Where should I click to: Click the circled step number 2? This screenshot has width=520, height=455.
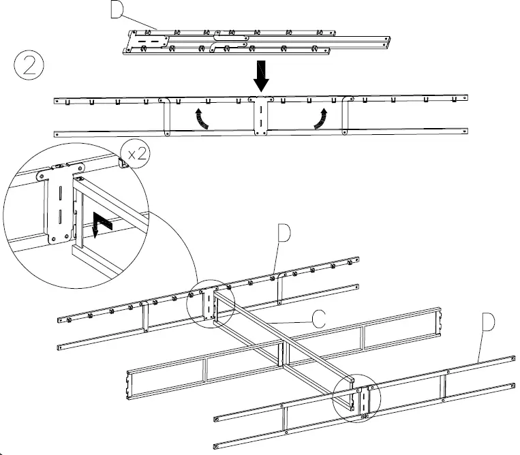coord(29,67)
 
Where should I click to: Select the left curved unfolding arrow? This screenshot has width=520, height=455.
coord(200,116)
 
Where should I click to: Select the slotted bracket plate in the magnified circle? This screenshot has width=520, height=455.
coord(57,205)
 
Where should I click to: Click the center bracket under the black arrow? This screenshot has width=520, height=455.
coord(261,116)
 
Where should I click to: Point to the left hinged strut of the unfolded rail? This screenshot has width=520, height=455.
coord(166,116)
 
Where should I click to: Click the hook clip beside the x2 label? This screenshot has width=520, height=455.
coord(125,161)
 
